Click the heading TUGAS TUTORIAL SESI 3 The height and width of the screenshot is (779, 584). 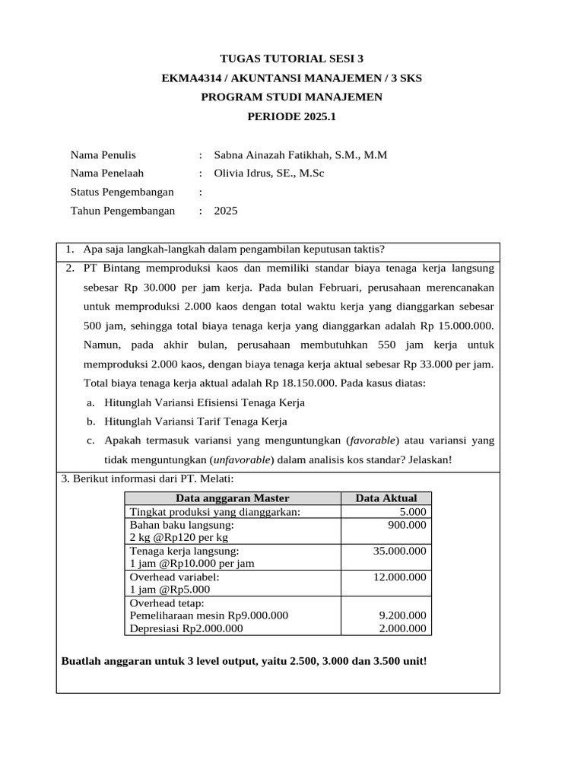click(291, 58)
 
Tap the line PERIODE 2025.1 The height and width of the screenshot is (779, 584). click(291, 116)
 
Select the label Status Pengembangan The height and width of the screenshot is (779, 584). click(122, 192)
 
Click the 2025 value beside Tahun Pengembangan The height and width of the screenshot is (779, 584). click(226, 211)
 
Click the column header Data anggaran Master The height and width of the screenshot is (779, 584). click(233, 498)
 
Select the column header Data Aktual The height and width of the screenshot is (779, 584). click(386, 498)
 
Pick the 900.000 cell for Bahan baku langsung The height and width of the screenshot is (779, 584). click(408, 525)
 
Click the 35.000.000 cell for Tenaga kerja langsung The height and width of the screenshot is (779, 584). click(399, 551)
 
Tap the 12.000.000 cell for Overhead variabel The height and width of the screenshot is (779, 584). click(399, 577)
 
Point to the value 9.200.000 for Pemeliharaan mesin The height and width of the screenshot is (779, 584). click(402, 615)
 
